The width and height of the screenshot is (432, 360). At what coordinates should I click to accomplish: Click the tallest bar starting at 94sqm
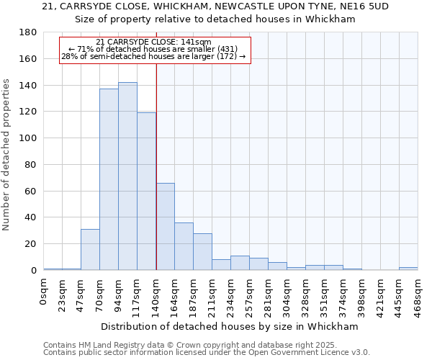point(127,176)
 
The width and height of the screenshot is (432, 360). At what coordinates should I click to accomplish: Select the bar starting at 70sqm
point(109,179)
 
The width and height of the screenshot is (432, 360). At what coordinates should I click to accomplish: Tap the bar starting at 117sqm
point(146,191)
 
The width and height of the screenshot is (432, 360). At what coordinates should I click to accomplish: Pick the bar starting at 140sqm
point(165,227)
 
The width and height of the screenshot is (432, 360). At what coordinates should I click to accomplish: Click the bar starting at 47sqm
point(90,249)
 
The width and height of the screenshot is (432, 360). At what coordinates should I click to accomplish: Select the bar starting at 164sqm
point(184,246)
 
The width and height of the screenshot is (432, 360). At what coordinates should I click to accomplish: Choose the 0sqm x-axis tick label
point(43,289)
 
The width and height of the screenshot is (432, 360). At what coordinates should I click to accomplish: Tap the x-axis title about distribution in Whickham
point(229,326)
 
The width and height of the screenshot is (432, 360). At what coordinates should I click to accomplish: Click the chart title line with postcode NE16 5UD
point(215,6)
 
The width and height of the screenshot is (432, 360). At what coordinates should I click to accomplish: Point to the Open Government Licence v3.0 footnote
point(207,352)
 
